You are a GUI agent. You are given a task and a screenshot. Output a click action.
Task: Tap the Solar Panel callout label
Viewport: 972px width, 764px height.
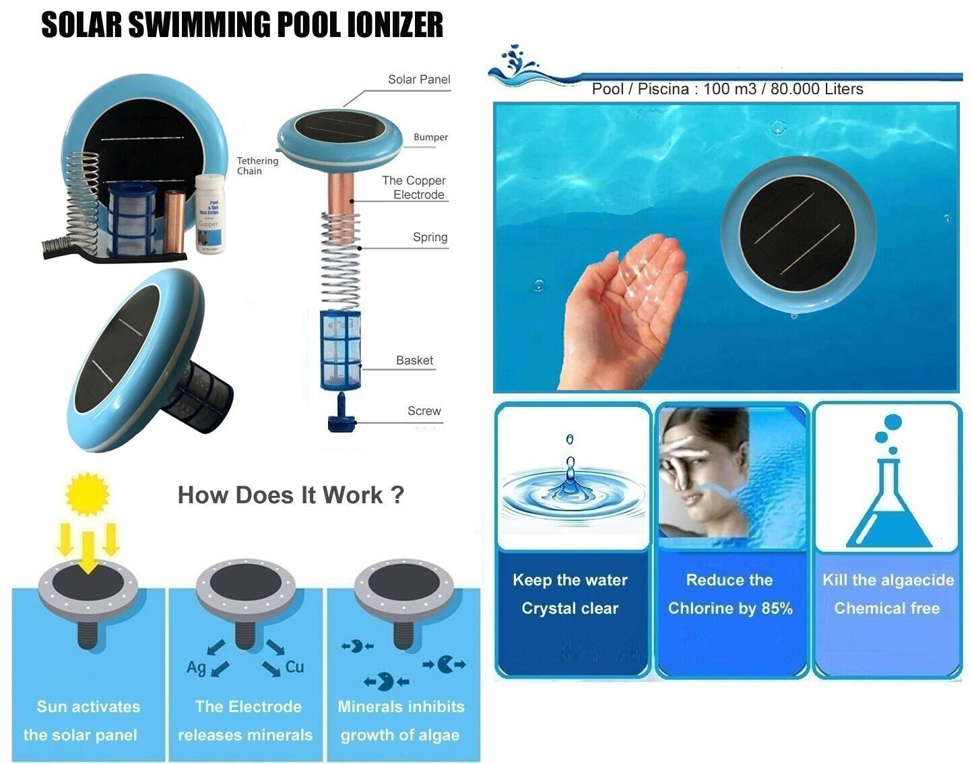click(x=418, y=79)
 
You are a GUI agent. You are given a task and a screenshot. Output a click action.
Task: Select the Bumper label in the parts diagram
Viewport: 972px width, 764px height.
click(x=430, y=137)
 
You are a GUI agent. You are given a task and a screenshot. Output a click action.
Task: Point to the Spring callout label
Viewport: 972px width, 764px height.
click(x=430, y=237)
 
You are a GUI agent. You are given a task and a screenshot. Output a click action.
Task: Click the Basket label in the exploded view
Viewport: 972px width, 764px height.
click(x=414, y=360)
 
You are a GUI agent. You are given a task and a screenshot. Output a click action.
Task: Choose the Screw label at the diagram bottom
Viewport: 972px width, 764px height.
click(x=424, y=411)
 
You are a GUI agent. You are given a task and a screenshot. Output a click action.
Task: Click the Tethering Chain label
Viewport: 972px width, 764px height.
click(x=257, y=166)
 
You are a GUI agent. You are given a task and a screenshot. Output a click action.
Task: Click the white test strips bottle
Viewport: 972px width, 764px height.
click(x=209, y=214)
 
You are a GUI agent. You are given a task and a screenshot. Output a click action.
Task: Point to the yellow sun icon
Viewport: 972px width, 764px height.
click(x=87, y=494)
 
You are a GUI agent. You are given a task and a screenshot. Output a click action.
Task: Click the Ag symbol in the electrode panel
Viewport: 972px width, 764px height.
click(x=196, y=667)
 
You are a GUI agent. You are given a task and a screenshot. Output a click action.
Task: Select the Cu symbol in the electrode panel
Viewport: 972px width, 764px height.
click(x=294, y=667)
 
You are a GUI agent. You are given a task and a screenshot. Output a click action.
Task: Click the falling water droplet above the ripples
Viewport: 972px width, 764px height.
click(x=570, y=440)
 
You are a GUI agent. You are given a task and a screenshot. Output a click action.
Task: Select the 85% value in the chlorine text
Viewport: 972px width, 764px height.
click(x=776, y=608)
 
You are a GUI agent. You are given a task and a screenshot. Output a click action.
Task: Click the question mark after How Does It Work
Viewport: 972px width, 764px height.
click(x=397, y=495)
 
